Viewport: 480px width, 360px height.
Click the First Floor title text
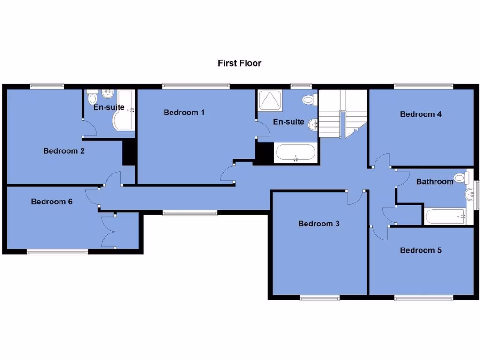pos(240,63)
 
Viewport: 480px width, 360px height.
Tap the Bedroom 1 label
pos(184,112)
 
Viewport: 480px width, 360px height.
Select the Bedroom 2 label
pos(64,151)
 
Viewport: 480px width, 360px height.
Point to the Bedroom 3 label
pos(319,224)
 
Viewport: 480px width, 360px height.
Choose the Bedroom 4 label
pos(420,114)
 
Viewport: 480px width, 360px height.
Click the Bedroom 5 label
pos(420,250)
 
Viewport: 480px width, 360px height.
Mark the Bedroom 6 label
pos(52,202)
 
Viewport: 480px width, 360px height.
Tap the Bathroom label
pos(435,181)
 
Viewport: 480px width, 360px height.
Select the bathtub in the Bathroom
pos(446,216)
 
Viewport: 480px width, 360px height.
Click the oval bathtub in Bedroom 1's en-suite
pos(295,153)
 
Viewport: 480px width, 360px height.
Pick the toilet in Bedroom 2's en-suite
pos(92,98)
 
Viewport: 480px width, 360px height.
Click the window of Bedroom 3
pos(320,298)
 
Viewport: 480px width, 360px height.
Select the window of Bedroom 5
pos(424,298)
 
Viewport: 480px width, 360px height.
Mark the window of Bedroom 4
pos(424,86)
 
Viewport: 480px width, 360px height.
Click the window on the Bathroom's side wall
pos(477,195)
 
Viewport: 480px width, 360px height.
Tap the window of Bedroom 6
pos(57,252)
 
